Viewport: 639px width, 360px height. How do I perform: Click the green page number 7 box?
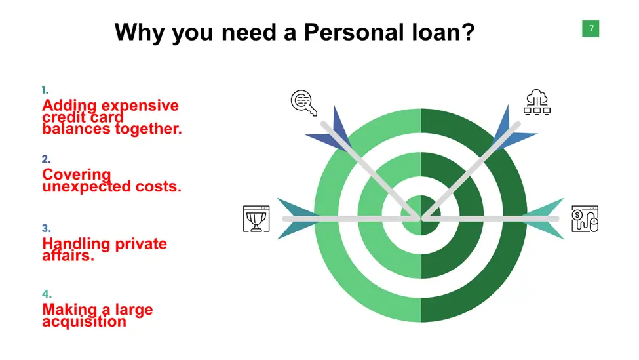click(x=591, y=29)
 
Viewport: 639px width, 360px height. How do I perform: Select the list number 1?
click(x=45, y=90)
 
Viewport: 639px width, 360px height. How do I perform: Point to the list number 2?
click(x=46, y=159)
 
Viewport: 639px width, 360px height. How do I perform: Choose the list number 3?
click(x=46, y=228)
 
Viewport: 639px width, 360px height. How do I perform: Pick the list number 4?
click(x=47, y=294)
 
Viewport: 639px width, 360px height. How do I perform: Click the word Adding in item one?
click(x=69, y=106)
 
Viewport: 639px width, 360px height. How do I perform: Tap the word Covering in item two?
click(x=77, y=175)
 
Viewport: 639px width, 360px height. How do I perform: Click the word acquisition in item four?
click(x=85, y=322)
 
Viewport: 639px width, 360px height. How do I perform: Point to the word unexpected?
click(x=87, y=187)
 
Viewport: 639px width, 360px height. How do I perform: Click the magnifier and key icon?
click(x=304, y=103)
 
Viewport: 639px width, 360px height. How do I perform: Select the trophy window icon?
click(x=256, y=219)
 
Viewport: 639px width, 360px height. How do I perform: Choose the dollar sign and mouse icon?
click(x=585, y=219)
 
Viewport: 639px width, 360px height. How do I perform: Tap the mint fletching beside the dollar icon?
click(x=544, y=218)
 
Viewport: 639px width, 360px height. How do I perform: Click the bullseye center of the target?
click(x=421, y=216)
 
